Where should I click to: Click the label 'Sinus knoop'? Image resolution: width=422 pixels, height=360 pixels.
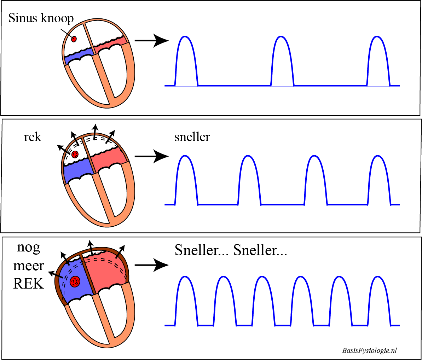(x=41, y=18)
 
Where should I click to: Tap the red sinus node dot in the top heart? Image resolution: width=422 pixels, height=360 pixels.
(x=74, y=39)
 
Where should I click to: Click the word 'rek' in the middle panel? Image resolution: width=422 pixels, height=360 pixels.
(x=33, y=137)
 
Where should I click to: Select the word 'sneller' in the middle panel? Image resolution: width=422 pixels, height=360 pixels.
(x=192, y=137)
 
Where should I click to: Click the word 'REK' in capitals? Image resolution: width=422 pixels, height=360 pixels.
(x=29, y=283)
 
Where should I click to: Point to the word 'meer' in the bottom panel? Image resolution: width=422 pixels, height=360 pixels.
(x=29, y=266)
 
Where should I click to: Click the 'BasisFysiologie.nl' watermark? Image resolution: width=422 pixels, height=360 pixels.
(x=369, y=350)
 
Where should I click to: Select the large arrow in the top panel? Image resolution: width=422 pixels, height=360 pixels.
(x=151, y=41)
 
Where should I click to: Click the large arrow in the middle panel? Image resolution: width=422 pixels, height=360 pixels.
(x=151, y=156)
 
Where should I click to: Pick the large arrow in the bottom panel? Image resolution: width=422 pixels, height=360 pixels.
(x=151, y=265)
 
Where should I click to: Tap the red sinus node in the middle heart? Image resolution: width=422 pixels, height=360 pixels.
(x=75, y=155)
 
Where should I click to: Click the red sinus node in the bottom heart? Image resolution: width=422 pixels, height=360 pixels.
(x=75, y=282)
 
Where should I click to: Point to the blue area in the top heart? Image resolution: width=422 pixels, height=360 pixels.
(x=78, y=55)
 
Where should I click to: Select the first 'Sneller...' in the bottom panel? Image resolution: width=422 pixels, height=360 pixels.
(x=200, y=250)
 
